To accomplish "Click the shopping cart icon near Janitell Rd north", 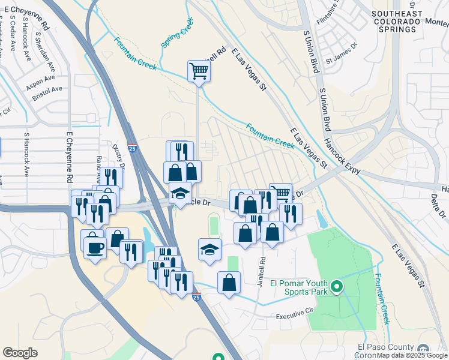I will [x=199, y=71].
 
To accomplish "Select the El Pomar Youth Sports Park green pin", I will [x=337, y=288].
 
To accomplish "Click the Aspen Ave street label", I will [x=40, y=83].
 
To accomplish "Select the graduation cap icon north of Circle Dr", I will [x=179, y=194].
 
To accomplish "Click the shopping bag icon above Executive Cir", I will [x=229, y=283].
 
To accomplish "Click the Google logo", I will [x=20, y=353].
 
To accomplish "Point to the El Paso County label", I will [x=385, y=347].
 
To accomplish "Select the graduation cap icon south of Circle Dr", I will [x=209, y=250].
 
